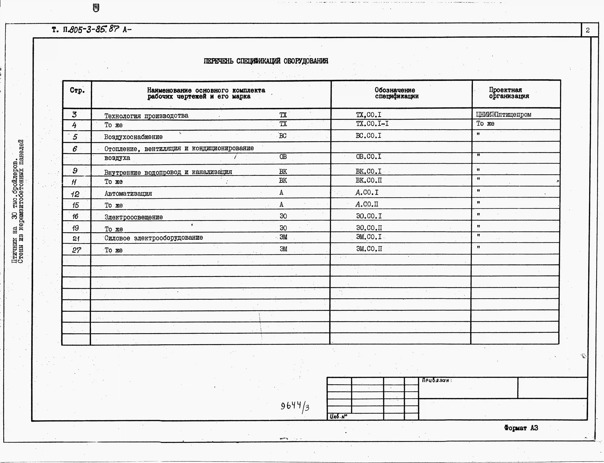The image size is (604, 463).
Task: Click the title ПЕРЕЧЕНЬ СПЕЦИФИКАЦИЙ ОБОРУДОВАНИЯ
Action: (x=266, y=61)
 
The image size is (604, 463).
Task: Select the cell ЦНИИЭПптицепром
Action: (x=503, y=114)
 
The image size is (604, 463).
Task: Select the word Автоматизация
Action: (x=128, y=194)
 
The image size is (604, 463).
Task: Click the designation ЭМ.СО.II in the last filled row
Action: (x=369, y=249)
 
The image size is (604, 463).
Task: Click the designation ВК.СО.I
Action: (x=368, y=171)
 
